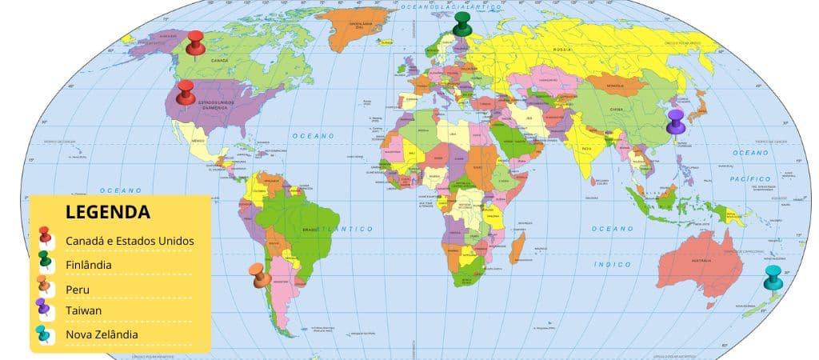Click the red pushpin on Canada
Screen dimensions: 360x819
point(195,43)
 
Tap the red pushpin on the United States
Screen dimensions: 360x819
point(186,92)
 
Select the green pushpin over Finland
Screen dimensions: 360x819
point(462,24)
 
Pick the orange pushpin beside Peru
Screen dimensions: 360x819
point(259,275)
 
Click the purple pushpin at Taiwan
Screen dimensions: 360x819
point(676,122)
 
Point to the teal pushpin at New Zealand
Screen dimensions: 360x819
point(773,277)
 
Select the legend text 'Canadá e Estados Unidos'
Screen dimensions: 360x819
point(130,240)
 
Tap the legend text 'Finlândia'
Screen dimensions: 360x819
point(88,264)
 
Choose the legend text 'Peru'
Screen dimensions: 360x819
point(78,287)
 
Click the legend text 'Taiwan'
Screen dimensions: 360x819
point(83,310)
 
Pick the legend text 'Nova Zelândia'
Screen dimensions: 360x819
point(102,334)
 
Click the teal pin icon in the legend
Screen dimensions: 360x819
point(45,334)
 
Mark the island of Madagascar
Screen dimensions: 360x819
point(517,247)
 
